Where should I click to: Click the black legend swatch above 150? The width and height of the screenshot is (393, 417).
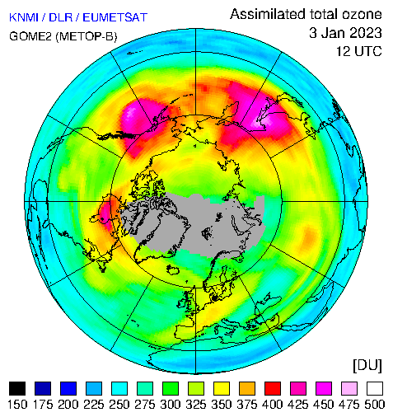tap(17, 388)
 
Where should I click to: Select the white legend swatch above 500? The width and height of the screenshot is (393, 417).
tap(375, 388)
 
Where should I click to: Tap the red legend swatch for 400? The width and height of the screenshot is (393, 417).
tap(273, 388)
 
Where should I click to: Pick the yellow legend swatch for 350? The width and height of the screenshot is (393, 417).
tap(222, 388)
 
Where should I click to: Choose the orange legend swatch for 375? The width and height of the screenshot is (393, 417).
tap(247, 388)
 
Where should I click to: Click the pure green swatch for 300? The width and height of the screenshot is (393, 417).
tap(171, 388)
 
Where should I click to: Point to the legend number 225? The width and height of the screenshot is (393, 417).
tap(94, 405)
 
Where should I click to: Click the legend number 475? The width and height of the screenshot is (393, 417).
tap(349, 405)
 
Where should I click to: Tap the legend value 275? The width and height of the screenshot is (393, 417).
tap(145, 405)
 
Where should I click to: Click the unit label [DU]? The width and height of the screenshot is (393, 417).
tap(367, 366)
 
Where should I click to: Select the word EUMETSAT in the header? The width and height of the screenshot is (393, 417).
tap(115, 17)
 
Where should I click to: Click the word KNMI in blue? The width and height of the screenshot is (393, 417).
tap(24, 17)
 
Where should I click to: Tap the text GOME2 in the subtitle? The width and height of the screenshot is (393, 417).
tap(30, 36)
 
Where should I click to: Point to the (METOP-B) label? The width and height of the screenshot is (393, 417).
tap(87, 36)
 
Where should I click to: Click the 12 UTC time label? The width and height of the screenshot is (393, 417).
tap(359, 51)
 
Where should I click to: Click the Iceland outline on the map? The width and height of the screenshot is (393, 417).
tap(173, 269)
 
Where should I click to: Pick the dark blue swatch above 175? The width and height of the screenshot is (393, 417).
tap(43, 388)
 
